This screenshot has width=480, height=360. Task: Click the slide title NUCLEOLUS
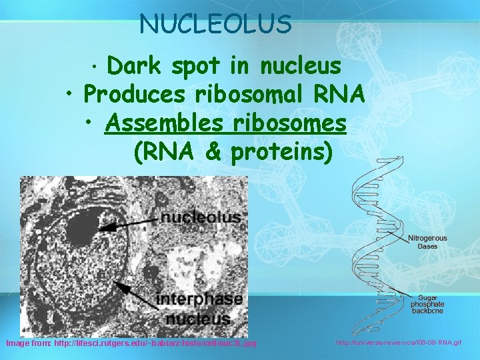click(215, 24)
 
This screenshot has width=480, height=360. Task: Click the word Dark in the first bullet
click(135, 66)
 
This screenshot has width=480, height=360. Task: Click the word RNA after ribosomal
click(341, 95)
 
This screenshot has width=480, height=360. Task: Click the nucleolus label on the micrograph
click(201, 217)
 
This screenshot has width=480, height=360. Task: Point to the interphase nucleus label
click(199, 308)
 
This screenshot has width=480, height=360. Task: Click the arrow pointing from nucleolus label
click(130, 223)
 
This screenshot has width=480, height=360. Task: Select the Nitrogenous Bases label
click(427, 242)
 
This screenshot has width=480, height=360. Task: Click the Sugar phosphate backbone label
click(427, 304)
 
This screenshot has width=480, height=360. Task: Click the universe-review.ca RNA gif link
click(398, 342)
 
